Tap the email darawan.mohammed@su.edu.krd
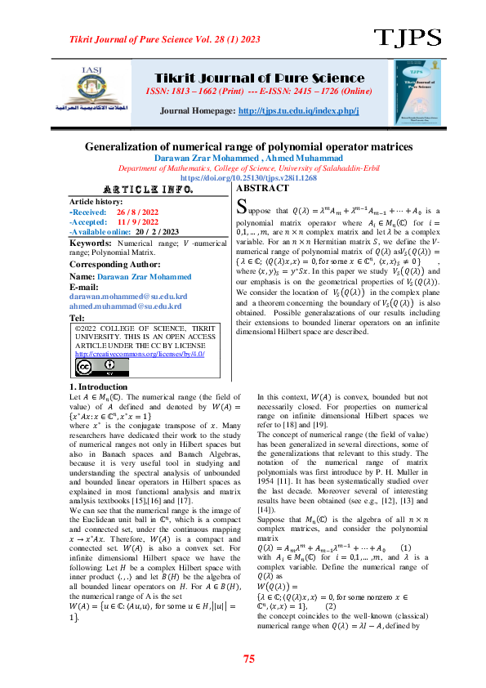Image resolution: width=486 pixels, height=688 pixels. (x=128, y=296)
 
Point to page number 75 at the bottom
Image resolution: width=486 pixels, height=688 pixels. (x=249, y=659)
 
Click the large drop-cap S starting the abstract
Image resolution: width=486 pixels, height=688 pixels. (x=240, y=208)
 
